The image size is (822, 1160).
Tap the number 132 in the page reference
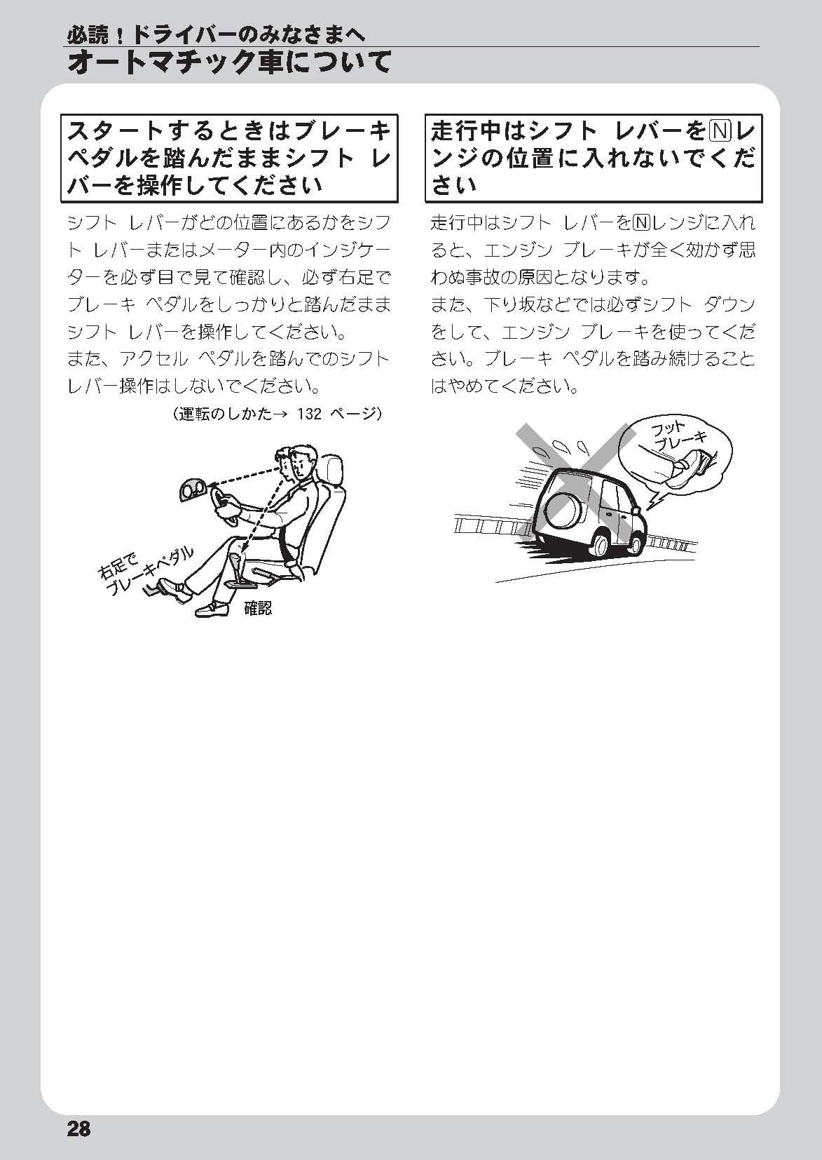click(x=309, y=414)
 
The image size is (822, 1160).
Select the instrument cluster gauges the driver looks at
click(x=193, y=490)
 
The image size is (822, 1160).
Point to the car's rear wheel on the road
click(x=600, y=546)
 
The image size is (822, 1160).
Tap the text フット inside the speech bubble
click(x=667, y=429)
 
